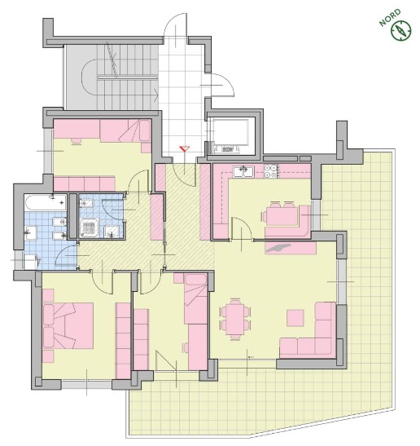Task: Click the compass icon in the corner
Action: click(x=400, y=30)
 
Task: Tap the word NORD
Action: click(x=390, y=18)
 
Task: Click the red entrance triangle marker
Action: click(x=184, y=148)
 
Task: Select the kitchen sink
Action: click(x=243, y=171)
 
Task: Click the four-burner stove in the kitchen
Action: click(x=270, y=171)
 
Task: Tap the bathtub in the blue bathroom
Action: click(x=46, y=202)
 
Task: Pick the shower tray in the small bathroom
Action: click(x=90, y=227)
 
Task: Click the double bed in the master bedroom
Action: click(x=68, y=325)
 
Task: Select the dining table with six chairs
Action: click(x=236, y=320)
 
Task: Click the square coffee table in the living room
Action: click(x=295, y=318)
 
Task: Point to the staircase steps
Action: click(x=127, y=77)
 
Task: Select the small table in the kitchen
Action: click(x=282, y=216)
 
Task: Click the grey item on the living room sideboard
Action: click(x=278, y=248)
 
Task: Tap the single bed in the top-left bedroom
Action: click(x=125, y=130)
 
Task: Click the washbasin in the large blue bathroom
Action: click(x=31, y=233)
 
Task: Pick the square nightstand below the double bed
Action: click(x=48, y=356)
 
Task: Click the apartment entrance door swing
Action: click(x=185, y=174)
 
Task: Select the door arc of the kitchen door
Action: click(x=242, y=228)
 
